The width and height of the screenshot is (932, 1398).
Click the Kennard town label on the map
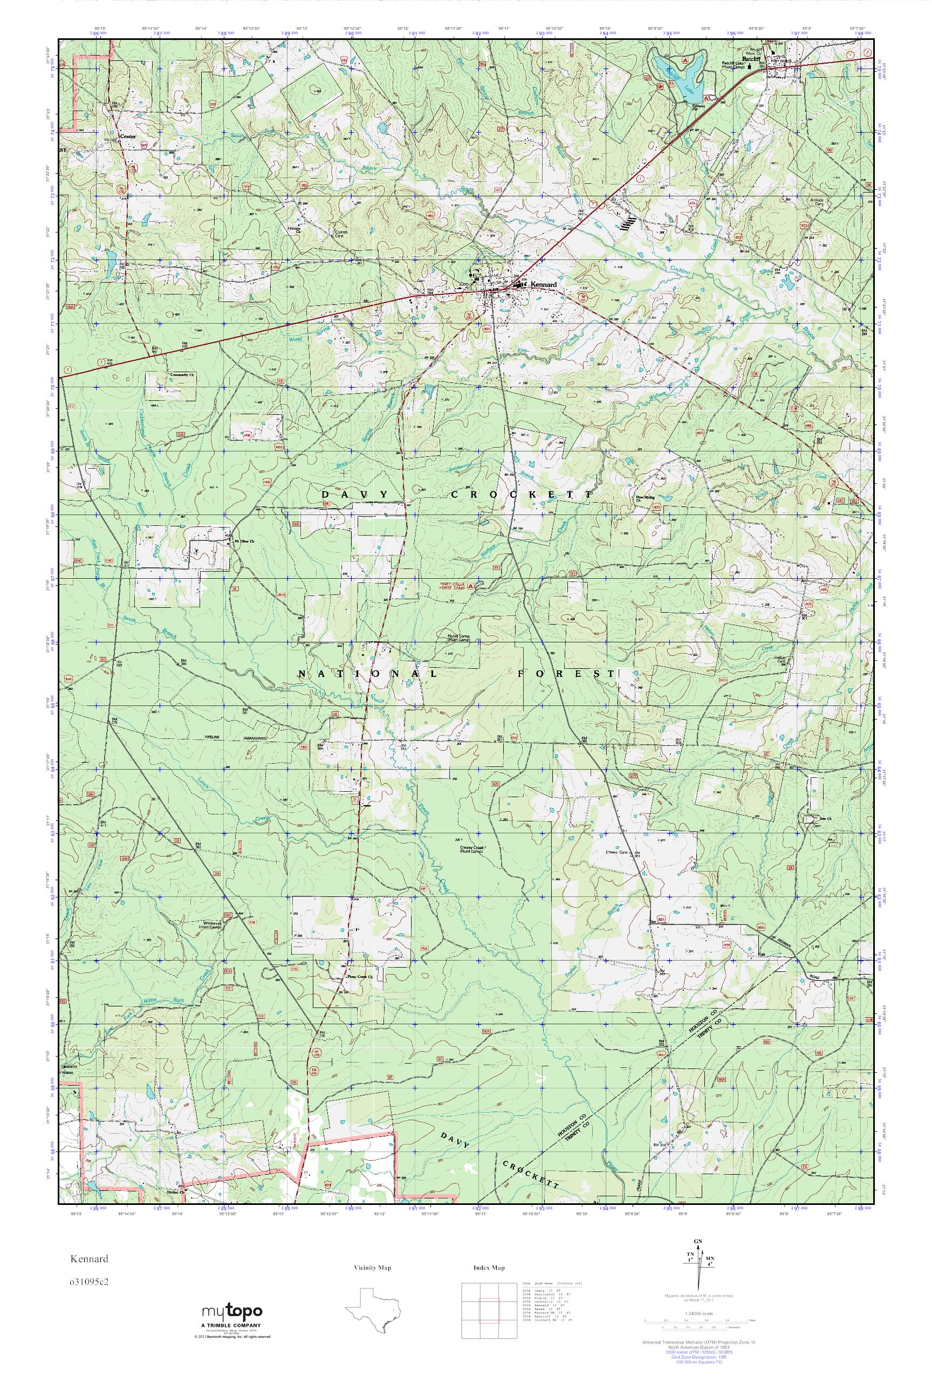(x=543, y=285)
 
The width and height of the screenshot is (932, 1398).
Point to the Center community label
(x=128, y=136)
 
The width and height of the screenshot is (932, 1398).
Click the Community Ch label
(x=182, y=375)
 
